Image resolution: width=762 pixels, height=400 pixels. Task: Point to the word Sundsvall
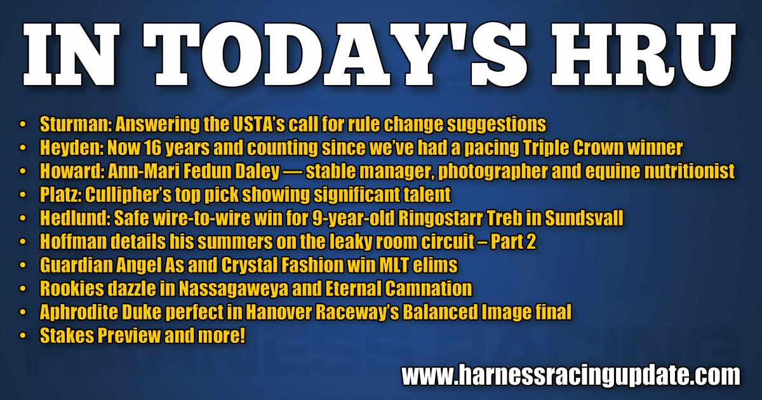click(584, 218)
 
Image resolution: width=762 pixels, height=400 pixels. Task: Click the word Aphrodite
click(78, 312)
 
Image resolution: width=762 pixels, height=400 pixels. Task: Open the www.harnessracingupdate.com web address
click(571, 375)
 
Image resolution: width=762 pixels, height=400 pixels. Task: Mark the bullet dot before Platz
click(23, 195)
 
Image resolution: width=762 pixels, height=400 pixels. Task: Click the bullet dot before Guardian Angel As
click(23, 265)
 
